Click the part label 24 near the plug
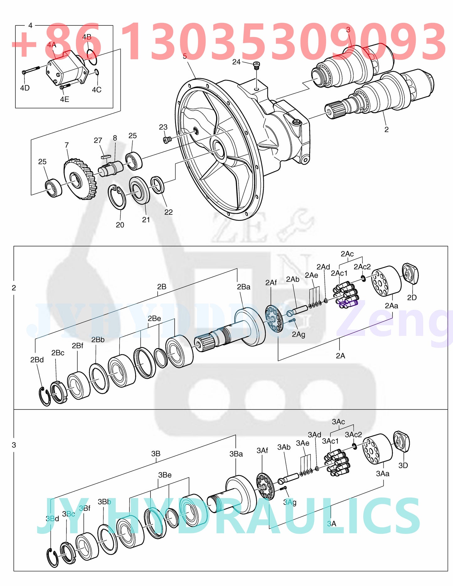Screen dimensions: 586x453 pyautogui.click(x=236, y=62)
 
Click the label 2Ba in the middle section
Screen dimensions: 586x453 pyautogui.click(x=244, y=287)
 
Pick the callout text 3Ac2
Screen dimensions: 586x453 pyautogui.click(x=353, y=435)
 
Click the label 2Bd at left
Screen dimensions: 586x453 pyautogui.click(x=37, y=360)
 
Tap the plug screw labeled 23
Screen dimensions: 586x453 pyautogui.click(x=166, y=139)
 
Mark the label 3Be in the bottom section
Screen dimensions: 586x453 pyautogui.click(x=165, y=475)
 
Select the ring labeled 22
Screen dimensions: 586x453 pyautogui.click(x=157, y=185)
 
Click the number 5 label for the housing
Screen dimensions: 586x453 pyautogui.click(x=185, y=56)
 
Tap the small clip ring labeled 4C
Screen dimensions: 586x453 pyautogui.click(x=97, y=72)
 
